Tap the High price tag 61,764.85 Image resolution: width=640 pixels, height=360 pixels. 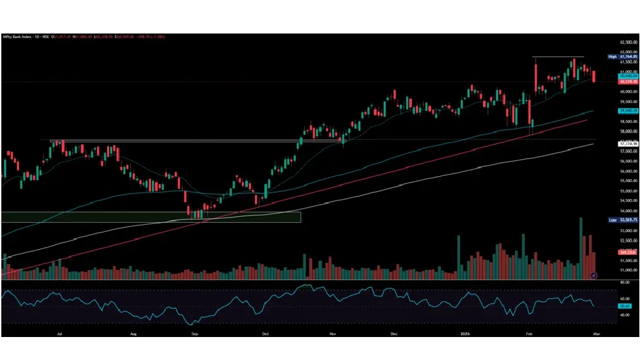629,57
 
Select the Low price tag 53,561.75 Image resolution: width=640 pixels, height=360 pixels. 629,220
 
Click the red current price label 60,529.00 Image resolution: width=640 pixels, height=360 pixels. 629,81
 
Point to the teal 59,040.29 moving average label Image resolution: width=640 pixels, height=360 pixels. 629,112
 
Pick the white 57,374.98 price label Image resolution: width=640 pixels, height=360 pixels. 629,143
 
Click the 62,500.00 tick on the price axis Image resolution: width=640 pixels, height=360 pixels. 629,42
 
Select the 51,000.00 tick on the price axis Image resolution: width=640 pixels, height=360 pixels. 629,270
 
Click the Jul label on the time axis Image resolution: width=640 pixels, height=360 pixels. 60,334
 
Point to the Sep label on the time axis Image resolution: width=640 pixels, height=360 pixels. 194,334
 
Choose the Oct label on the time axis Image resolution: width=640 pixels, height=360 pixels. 265,334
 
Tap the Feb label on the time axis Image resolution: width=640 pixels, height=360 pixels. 529,334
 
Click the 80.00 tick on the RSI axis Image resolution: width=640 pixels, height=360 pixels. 629,282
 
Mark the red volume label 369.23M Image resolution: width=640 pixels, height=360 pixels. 629,252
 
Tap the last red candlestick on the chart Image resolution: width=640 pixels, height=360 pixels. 594,77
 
